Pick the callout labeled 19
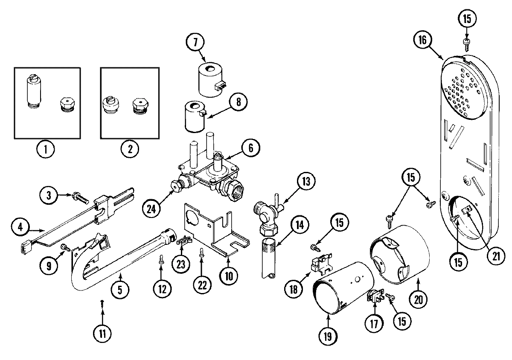click(x=328, y=334)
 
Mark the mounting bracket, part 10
click(x=213, y=230)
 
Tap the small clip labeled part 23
click(x=182, y=241)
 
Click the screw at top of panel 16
click(x=467, y=42)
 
